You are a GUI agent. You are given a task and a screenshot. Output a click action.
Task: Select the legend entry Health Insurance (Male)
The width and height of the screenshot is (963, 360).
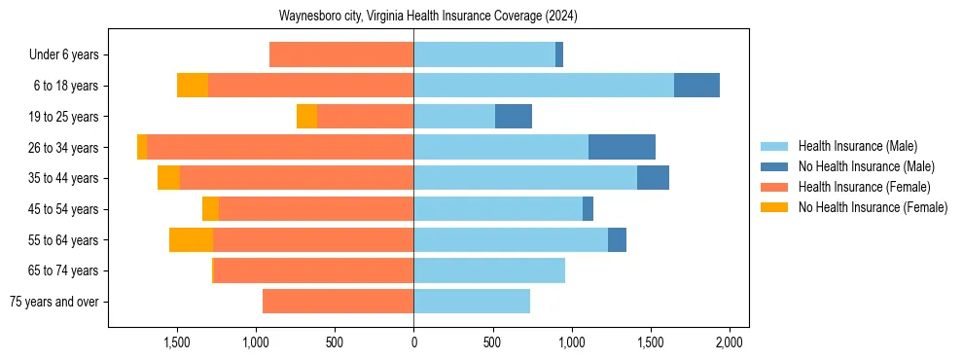click(x=856, y=146)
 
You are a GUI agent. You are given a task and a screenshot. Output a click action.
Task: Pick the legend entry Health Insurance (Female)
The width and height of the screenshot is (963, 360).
click(x=864, y=187)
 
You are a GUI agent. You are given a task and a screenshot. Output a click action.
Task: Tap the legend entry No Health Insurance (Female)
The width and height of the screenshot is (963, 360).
click(x=873, y=207)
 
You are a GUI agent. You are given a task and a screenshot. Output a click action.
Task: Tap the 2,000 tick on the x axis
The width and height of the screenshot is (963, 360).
click(x=730, y=342)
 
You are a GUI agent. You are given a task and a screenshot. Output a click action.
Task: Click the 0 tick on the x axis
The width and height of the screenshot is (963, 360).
click(x=413, y=342)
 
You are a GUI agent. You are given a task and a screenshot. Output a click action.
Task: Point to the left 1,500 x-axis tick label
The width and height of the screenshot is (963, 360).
click(x=177, y=342)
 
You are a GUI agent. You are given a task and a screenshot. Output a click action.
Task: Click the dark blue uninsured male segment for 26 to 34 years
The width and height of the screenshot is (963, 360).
click(x=622, y=147)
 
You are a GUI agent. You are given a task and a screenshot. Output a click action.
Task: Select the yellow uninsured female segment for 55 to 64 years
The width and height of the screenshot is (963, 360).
click(x=191, y=239)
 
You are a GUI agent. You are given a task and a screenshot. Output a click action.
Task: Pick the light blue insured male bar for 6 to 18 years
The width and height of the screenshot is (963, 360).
click(x=544, y=86)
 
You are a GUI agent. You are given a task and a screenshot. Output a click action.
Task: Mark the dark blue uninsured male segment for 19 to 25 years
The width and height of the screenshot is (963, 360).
click(x=514, y=117)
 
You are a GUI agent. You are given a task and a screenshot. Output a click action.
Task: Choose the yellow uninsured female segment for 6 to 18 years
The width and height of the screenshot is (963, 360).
click(x=193, y=86)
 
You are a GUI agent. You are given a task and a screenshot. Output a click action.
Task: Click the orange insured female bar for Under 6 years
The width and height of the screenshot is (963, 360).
click(x=341, y=54)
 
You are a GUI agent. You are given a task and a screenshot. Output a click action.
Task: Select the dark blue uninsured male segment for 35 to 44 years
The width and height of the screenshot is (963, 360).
click(x=653, y=178)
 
